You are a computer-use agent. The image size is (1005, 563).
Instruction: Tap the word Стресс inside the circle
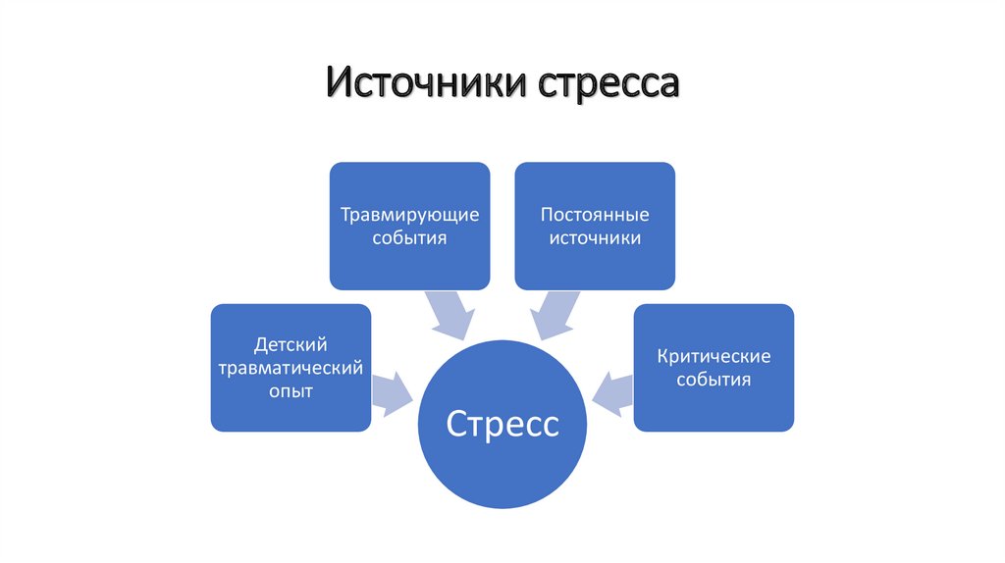coord(502,424)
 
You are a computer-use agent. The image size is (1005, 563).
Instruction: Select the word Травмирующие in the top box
coord(409,215)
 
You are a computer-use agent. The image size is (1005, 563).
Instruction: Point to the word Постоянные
coord(595,215)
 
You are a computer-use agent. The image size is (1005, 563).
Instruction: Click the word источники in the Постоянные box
coord(595,238)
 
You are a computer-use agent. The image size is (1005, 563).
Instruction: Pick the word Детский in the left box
coord(291,344)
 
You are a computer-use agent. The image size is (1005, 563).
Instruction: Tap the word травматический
coord(291,368)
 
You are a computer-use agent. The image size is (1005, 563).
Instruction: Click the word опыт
coord(291,391)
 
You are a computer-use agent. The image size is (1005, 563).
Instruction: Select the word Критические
coord(714,355)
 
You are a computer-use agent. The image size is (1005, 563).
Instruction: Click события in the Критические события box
coord(714,379)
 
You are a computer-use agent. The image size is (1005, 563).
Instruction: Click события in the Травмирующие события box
coord(409,238)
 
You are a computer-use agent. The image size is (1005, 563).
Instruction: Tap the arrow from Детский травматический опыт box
coord(392,393)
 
